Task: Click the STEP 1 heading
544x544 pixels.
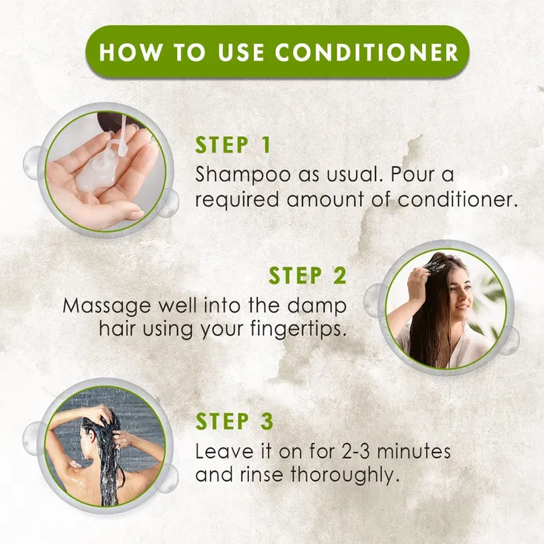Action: point(234,145)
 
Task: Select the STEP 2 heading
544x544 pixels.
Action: point(308,275)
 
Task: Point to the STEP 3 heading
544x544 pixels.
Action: point(234,421)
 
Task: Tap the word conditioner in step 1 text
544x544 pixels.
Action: point(457,200)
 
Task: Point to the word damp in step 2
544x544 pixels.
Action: point(320,304)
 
